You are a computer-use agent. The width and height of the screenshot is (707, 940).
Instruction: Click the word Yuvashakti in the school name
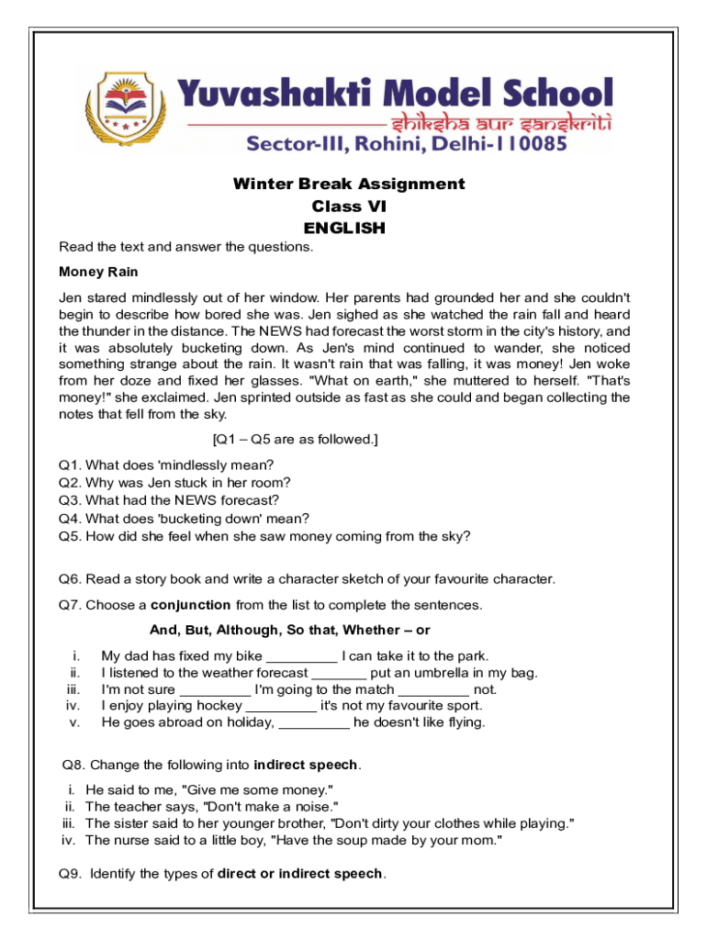(x=265, y=94)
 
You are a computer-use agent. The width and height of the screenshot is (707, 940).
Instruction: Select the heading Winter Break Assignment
(x=349, y=184)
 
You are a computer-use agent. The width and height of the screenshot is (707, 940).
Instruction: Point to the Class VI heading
(x=349, y=207)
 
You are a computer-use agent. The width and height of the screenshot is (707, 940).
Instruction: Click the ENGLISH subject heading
(x=344, y=229)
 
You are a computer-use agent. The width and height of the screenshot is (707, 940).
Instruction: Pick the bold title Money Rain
(x=98, y=272)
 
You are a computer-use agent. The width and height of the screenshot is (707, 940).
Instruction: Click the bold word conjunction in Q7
(x=191, y=605)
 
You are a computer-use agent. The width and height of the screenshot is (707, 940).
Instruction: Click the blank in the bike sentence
(x=301, y=657)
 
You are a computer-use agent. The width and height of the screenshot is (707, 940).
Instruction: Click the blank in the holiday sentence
(x=313, y=723)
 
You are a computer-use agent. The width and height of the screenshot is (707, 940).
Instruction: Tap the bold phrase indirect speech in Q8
(x=307, y=765)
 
